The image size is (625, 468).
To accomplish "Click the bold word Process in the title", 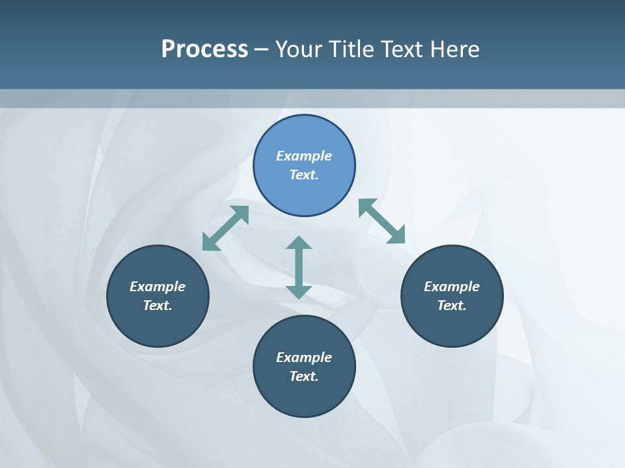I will coord(204,49).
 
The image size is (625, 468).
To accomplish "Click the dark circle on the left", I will coord(158,325).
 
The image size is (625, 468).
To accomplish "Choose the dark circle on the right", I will coord(452,325).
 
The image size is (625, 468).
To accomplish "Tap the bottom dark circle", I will coord(304,396).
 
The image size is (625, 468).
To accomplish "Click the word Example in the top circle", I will coord(304,156).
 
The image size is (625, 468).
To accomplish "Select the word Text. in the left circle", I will coord(158,305).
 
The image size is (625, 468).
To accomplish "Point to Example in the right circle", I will coord(452,287).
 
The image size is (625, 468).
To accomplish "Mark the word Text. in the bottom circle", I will coord(304,376).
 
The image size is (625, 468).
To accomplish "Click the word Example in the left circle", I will coord(158,287).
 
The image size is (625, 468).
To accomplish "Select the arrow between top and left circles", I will coord(225,228).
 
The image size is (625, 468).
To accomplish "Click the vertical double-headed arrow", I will coord(299,267).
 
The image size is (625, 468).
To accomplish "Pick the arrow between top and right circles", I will coord(382,221).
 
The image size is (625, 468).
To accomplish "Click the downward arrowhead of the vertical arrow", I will coord(299,292).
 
